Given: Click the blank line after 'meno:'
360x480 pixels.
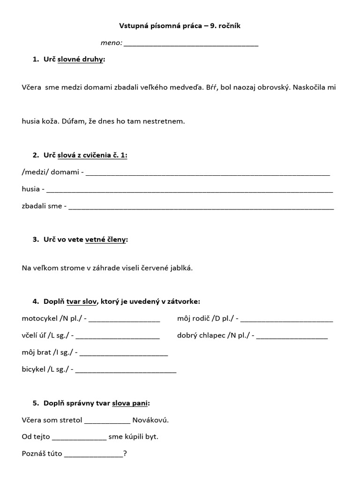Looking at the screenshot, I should click(x=191, y=44).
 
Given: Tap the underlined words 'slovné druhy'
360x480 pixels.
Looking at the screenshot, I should click(x=80, y=60).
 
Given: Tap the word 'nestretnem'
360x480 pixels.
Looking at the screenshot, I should click(x=166, y=121).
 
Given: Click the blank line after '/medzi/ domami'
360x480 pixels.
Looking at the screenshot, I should click(x=208, y=172).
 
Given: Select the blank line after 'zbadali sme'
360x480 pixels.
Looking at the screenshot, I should click(x=202, y=206).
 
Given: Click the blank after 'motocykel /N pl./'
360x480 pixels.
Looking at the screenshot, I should click(x=124, y=319).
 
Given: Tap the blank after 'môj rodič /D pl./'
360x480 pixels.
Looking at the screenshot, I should click(x=287, y=319).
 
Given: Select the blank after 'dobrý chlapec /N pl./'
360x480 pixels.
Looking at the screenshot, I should click(x=292, y=336).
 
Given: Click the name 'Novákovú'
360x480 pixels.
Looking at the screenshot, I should click(x=150, y=420).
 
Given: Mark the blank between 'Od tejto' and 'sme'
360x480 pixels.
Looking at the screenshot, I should click(x=79, y=437).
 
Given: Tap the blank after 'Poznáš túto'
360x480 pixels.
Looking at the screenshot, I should click(x=93, y=454).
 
